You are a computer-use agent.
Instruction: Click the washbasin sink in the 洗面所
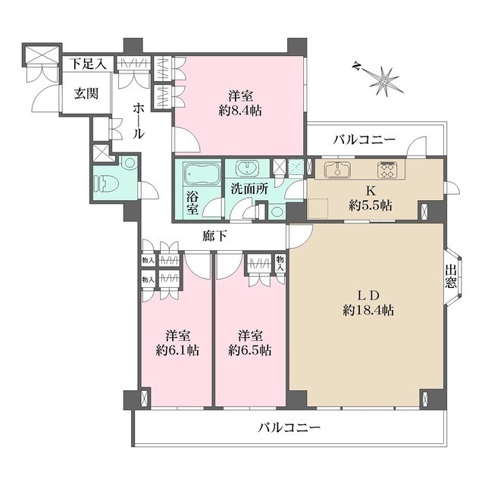[x=246, y=170]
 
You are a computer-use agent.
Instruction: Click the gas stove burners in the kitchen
[x=387, y=169]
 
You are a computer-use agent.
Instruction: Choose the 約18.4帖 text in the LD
[x=368, y=309]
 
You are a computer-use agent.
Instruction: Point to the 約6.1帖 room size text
[x=177, y=350]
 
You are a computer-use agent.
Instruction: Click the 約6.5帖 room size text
[x=250, y=350]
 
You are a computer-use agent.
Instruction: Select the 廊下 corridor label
[x=216, y=236]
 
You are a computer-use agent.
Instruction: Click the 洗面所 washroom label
[x=249, y=189]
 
